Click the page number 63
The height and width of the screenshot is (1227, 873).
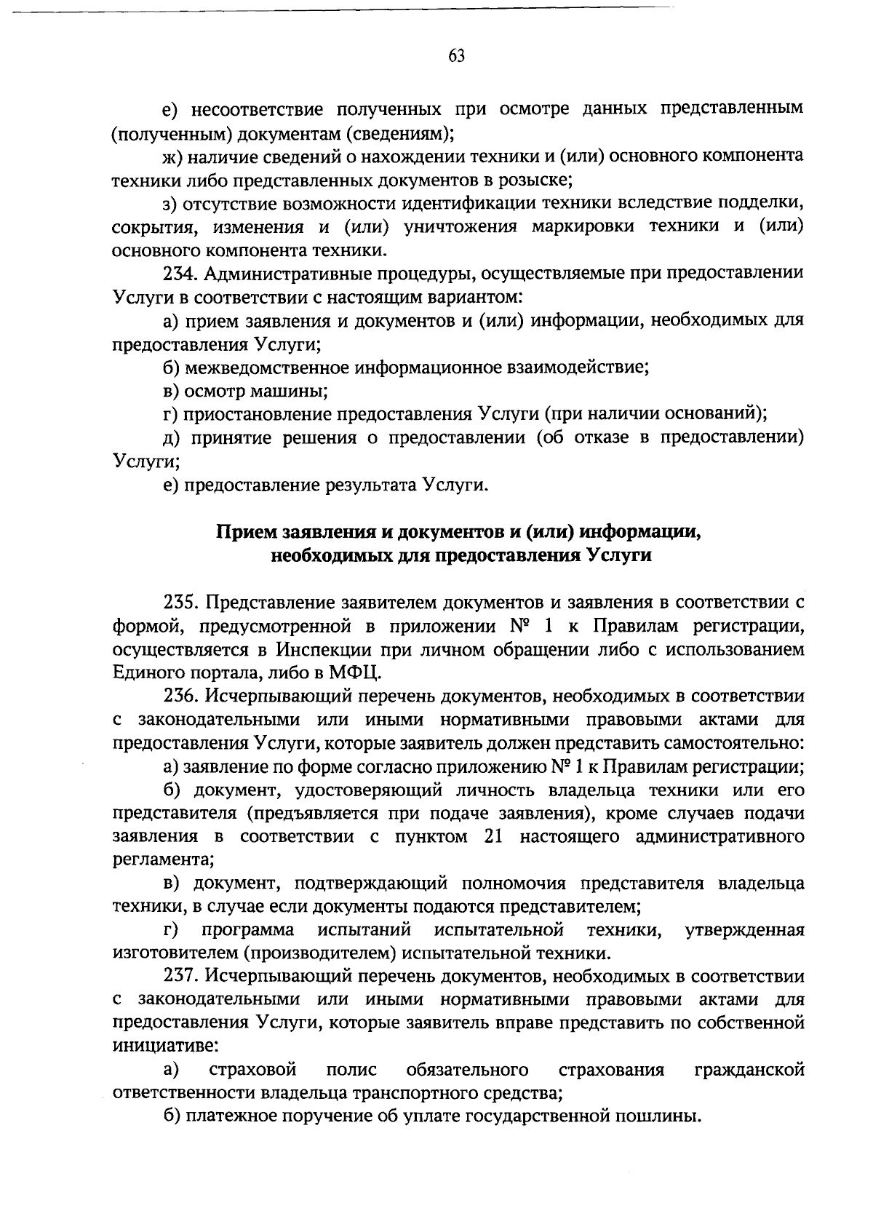[456, 57]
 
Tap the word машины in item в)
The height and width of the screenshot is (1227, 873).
[290, 392]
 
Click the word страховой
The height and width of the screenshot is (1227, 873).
[252, 1070]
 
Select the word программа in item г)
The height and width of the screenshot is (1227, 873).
[247, 930]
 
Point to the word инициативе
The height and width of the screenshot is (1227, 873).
[164, 1047]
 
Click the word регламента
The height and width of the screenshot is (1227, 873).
[162, 860]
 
